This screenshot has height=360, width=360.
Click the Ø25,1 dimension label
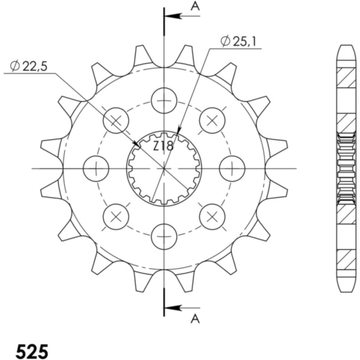point(238,41)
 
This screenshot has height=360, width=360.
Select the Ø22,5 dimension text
point(29,67)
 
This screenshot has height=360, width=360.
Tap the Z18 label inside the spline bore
point(163,146)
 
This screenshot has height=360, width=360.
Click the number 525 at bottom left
point(32,351)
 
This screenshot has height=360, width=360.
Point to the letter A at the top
point(195,7)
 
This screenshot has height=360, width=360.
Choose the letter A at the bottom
point(195,319)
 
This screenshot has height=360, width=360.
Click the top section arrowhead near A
point(173,16)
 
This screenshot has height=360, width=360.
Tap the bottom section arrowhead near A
point(173,308)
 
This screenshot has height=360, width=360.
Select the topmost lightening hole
point(164,101)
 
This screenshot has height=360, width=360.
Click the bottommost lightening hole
point(164,236)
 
